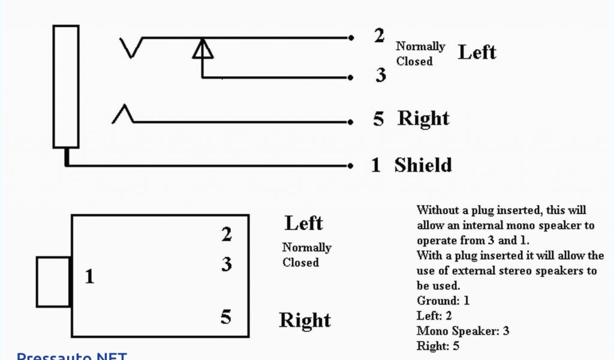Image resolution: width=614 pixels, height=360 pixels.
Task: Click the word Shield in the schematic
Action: [x=423, y=165]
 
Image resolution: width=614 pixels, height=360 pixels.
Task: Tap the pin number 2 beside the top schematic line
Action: [x=379, y=36]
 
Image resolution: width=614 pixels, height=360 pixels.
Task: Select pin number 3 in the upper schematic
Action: [x=381, y=76]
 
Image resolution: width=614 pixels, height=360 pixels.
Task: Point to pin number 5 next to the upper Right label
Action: [x=378, y=119]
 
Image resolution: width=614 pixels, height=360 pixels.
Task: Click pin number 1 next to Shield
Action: [x=376, y=165]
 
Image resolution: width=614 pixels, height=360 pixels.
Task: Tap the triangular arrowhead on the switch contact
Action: [x=203, y=49]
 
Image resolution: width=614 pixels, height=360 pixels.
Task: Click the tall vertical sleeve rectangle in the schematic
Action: [x=66, y=86]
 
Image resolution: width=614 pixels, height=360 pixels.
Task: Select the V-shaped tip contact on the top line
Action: [x=131, y=47]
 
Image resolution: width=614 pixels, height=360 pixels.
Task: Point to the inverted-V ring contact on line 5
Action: [x=123, y=114]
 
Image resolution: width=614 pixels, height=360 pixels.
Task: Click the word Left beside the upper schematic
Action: [x=477, y=52]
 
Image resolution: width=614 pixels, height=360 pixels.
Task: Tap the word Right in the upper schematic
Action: [x=423, y=119]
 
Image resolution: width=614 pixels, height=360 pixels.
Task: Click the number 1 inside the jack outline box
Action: [x=89, y=277]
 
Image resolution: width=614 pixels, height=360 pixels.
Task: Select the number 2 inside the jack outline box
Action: [x=227, y=235]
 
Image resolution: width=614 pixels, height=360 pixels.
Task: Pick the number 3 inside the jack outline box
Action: [x=227, y=264]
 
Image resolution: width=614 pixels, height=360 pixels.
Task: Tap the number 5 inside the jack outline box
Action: [x=225, y=317]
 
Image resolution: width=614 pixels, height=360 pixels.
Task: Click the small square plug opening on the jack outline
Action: [x=54, y=282]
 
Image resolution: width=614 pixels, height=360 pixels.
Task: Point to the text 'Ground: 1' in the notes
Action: [x=443, y=301]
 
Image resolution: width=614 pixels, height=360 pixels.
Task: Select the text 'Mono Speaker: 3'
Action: [x=463, y=331]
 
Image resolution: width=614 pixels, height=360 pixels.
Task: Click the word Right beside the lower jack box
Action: [x=305, y=320]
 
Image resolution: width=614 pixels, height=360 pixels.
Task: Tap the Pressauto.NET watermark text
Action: [x=72, y=356]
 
